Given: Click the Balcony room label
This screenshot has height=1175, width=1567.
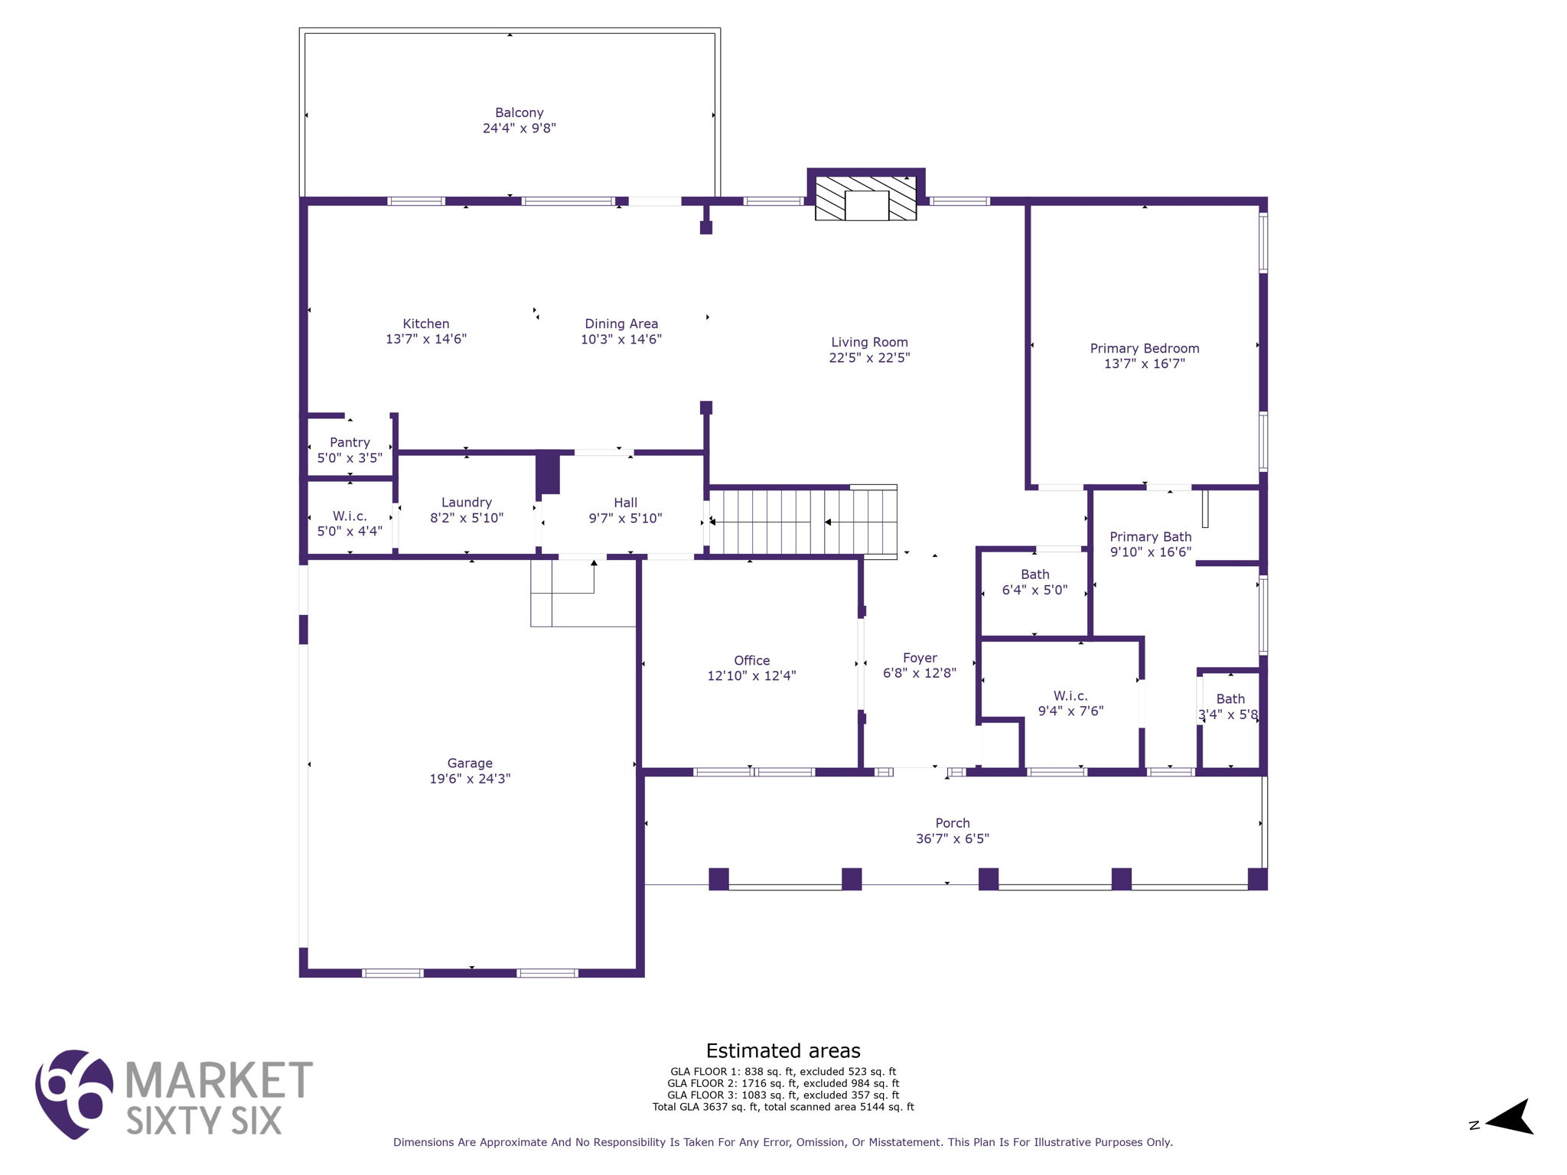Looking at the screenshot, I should coord(519,112).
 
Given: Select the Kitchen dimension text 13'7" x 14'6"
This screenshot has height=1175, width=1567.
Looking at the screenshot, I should coord(426,339).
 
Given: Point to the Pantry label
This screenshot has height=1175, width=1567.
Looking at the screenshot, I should coord(350,442).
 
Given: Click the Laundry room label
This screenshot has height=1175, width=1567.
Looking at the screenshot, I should coord(466,502).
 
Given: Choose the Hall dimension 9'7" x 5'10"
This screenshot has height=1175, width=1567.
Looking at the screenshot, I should coord(625,518).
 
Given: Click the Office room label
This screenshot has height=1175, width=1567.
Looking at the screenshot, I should coord(751,660).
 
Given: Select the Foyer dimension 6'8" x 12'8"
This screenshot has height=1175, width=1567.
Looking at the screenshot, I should coord(919,673).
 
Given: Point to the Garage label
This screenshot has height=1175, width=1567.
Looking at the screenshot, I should coord(470,763).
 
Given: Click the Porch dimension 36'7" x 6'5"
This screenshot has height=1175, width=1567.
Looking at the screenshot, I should coord(952,838).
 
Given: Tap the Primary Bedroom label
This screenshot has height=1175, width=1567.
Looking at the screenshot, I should coord(1144,348).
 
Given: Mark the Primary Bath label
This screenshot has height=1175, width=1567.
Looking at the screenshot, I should coord(1150,536).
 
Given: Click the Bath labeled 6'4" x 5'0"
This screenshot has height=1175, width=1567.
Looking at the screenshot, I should coord(1034,582).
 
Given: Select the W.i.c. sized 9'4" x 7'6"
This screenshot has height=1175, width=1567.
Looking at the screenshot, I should coord(1070,703).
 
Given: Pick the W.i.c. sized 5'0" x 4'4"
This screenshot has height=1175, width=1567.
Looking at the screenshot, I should coord(350,523).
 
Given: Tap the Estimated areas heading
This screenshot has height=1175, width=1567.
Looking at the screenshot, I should coord(783,1050).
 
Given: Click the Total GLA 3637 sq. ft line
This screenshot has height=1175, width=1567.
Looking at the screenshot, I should coord(783,1107).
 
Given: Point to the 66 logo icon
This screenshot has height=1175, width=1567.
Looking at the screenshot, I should coord(74,1094).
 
